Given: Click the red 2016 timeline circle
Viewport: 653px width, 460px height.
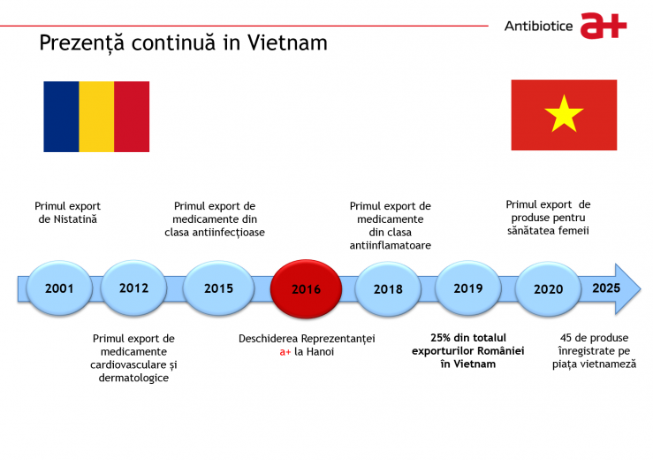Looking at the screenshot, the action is point(306,288).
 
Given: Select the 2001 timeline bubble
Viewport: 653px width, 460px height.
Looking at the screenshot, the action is point(59,287).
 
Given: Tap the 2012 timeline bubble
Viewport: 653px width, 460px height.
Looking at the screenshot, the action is point(133,287).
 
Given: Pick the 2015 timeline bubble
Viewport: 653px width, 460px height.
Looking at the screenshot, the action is point(218,287).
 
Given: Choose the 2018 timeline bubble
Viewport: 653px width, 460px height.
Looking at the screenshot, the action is point(388,288).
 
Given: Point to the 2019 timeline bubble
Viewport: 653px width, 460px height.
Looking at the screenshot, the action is point(468,287).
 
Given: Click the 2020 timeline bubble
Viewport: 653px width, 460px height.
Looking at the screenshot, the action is point(548,288).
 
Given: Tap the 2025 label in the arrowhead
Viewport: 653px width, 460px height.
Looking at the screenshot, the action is point(606,287).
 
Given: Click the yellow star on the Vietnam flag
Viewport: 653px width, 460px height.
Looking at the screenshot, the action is point(564,114).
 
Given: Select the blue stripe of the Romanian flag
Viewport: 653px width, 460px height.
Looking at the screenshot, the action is point(61,117).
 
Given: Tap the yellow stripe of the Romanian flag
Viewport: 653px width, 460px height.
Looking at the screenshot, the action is point(96,117).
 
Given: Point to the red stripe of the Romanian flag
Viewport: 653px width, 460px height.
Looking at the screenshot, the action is point(132,117).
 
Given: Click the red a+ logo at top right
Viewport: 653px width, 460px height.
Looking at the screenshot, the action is point(604,26).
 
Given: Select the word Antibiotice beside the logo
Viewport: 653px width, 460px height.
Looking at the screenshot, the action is point(538,27).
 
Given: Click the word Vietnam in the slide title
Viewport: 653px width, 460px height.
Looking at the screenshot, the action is point(287,42).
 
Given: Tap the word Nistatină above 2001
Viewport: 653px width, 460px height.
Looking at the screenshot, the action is point(75,219).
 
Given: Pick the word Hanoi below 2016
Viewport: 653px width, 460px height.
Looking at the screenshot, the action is point(320,351).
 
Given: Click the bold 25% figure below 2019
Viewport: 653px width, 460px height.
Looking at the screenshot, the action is point(441,337).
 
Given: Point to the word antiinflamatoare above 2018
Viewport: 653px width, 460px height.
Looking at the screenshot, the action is point(391,245).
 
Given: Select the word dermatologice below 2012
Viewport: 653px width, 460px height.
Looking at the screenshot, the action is point(133,378).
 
